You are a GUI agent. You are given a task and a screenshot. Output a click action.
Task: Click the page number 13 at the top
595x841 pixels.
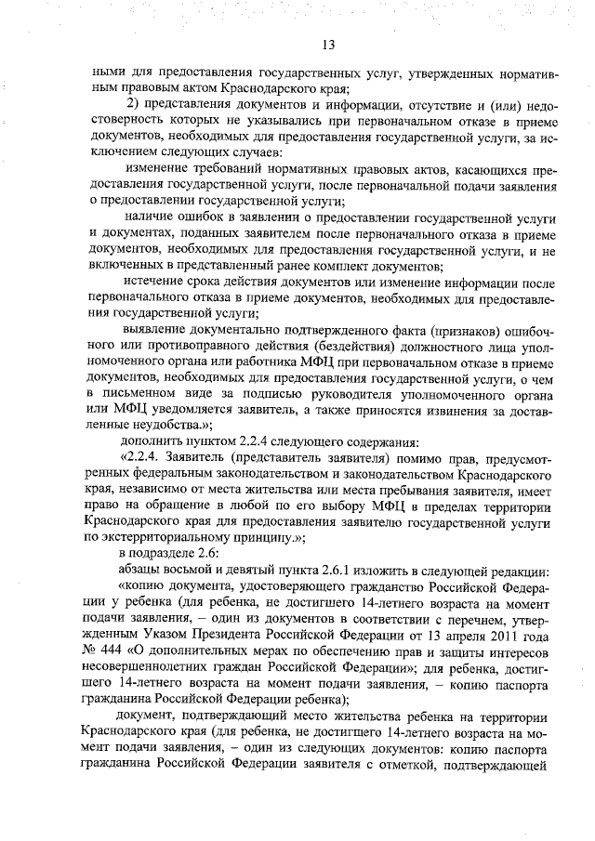(x=328, y=45)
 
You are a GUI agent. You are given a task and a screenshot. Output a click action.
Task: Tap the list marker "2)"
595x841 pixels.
(x=132, y=103)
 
